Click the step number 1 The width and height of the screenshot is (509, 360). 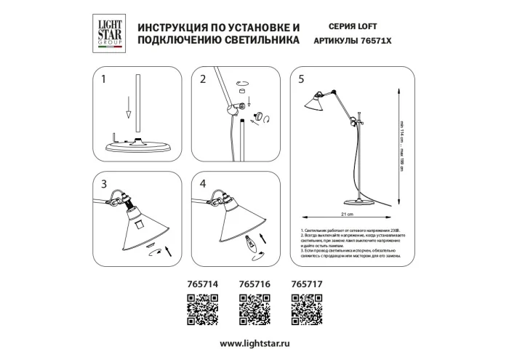coord(104,79)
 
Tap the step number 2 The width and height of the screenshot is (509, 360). coord(204,79)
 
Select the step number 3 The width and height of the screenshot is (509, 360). coord(104,183)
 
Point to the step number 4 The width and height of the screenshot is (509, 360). coord(204,183)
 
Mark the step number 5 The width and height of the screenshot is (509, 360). coord(301,79)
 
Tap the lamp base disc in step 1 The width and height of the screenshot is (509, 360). coord(137,145)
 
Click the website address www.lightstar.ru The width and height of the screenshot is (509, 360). coord(254,342)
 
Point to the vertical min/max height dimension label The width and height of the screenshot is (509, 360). coord(402,141)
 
